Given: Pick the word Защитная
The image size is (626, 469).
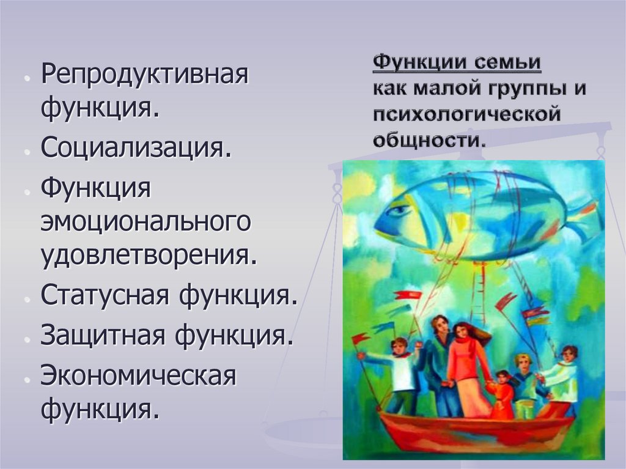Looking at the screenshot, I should point(104,335).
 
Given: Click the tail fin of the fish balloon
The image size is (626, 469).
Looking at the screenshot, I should point(584,217).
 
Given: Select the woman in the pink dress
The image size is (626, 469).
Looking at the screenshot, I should point(466,367).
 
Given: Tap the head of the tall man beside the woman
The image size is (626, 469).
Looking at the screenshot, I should point(439,324).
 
